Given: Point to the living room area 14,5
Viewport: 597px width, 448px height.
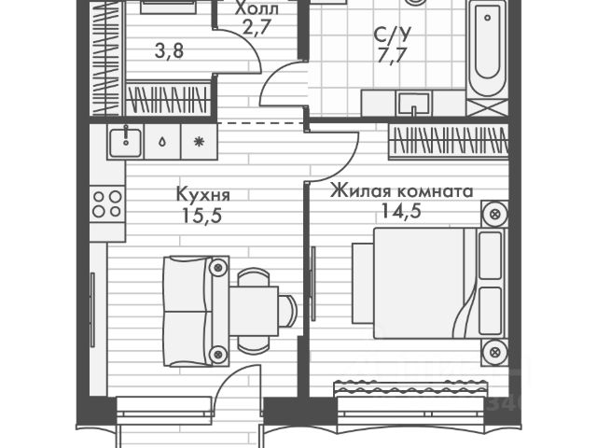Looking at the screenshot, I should tap(399, 211).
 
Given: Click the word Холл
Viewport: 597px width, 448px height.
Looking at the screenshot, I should tap(255, 9).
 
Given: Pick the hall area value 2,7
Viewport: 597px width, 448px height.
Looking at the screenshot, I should tap(254, 28).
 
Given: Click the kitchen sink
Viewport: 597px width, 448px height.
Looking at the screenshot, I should tap(124, 141).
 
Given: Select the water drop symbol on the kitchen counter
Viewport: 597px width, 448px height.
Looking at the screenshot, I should tap(163, 142).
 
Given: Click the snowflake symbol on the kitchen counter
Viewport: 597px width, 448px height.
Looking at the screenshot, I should tap(198, 142).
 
